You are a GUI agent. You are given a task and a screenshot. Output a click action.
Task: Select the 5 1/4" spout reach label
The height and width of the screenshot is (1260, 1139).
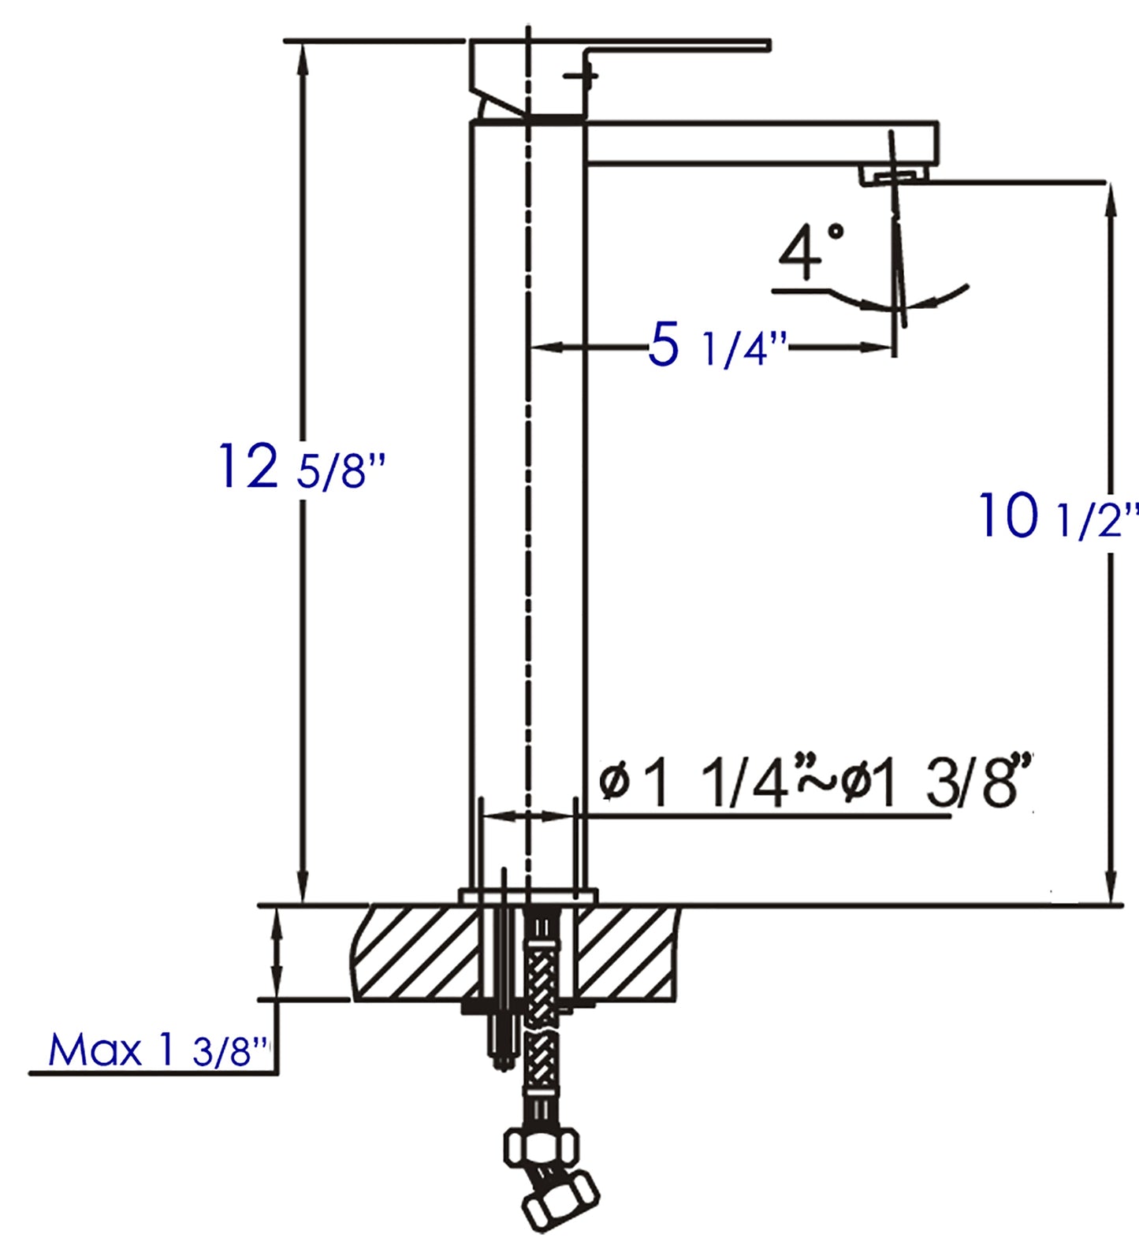(716, 347)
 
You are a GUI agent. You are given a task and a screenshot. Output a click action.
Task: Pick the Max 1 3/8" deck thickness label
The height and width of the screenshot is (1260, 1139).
(158, 1050)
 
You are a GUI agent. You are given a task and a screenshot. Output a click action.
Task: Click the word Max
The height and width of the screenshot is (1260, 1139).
(95, 1050)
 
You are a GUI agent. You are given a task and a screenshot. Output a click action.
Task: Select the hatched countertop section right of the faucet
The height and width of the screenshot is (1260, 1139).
(627, 953)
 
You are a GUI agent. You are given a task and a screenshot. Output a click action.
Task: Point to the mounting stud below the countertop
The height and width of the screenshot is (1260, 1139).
(501, 1040)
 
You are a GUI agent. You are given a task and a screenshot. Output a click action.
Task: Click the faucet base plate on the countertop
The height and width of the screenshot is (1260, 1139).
(528, 895)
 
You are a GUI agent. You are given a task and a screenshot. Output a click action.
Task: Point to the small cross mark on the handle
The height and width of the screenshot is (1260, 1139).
(584, 76)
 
